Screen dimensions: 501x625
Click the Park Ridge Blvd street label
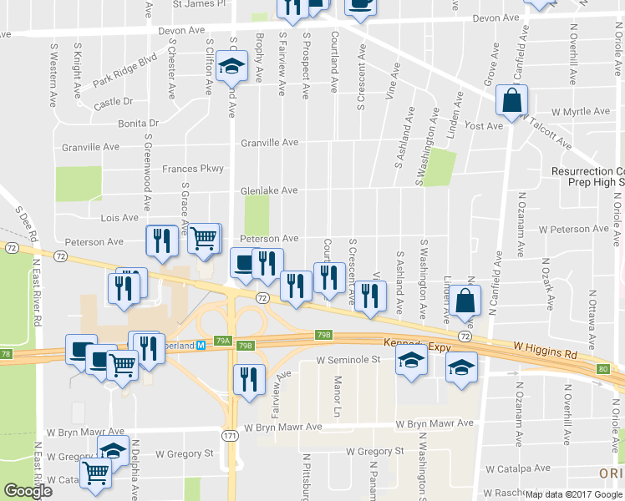pos(125,71)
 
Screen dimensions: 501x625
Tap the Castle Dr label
pos(114,102)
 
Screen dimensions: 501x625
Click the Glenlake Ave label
pos(269,190)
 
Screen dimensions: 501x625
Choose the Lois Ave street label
pos(119,217)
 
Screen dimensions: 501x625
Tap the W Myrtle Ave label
pos(580,111)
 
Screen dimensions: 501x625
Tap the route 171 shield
pos(231,435)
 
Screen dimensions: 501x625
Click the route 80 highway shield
pos(603,368)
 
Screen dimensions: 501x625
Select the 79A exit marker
pos(222,341)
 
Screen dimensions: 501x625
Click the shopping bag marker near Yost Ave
pos(510,101)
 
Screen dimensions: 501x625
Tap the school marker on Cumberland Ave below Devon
pos(231,66)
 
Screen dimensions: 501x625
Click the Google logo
pos(28,491)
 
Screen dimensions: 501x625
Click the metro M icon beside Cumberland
pos(201,345)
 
